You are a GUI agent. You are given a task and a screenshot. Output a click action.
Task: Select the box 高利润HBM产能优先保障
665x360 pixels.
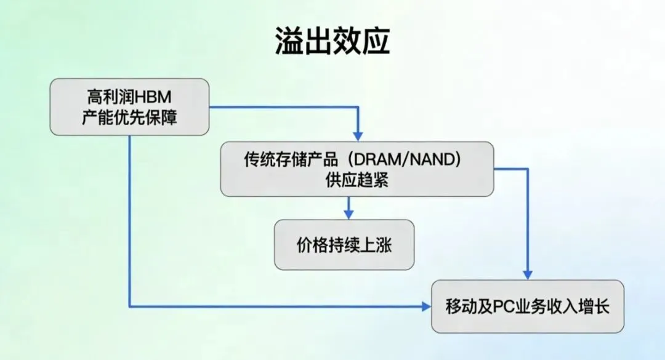(129, 106)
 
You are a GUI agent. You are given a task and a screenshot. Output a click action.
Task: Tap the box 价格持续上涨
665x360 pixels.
(344, 244)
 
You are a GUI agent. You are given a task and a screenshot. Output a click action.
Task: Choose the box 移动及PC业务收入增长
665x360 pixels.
(528, 306)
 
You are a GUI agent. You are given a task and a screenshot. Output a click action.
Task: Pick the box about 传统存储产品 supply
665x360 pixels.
(357, 169)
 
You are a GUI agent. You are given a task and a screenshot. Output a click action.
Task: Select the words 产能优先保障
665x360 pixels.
(129, 117)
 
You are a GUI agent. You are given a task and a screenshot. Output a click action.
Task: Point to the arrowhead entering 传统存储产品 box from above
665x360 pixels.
(358, 136)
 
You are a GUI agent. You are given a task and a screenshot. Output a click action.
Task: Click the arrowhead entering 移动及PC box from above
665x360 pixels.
(528, 274)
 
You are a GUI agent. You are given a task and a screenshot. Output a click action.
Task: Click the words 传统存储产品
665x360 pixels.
(291, 159)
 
